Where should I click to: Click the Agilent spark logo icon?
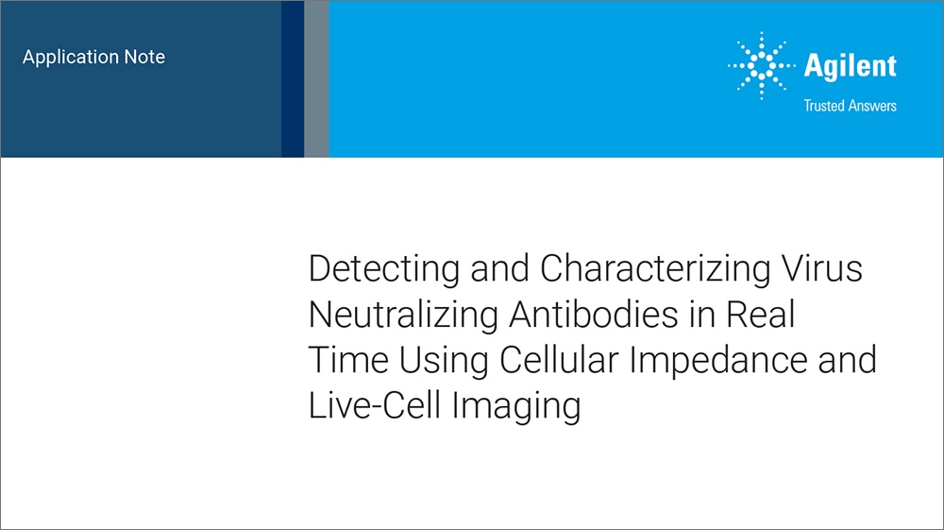[761, 67]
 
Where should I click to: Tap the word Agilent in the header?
[850, 66]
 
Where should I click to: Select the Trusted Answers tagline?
[850, 106]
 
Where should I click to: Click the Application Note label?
[93, 58]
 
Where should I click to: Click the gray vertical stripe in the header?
[316, 78]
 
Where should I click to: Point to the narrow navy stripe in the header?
[293, 78]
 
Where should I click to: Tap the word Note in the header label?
[144, 58]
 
